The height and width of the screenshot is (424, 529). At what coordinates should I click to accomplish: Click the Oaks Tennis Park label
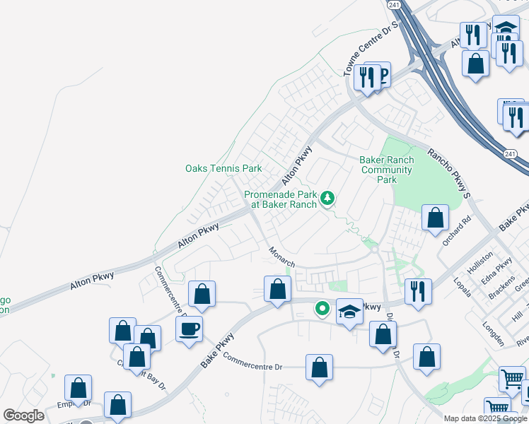[x=223, y=168]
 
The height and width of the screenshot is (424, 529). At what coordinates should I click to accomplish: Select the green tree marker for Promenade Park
[x=327, y=198]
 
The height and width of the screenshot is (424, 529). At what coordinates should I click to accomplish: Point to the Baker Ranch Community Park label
[x=387, y=170]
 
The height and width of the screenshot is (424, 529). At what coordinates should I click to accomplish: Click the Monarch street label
[x=281, y=256]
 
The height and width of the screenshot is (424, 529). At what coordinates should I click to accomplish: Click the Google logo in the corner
[x=23, y=416]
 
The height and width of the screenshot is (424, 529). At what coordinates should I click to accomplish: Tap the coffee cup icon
[x=189, y=329]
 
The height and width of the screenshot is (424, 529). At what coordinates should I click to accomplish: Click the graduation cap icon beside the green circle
[x=349, y=312]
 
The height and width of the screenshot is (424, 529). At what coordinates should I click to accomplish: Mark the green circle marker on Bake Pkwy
[x=322, y=308]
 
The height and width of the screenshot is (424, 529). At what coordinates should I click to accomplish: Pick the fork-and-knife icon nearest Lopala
[x=418, y=292]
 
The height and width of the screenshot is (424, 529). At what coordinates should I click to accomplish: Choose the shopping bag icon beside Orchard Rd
[x=436, y=218]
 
